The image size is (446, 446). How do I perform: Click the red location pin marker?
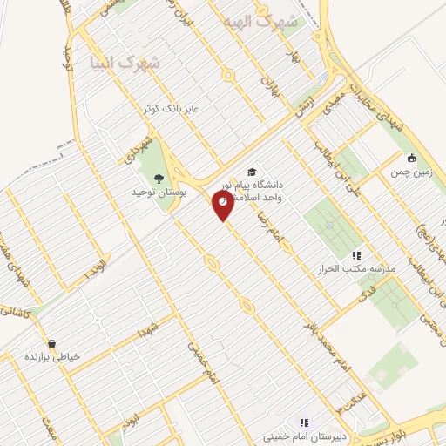(224, 205)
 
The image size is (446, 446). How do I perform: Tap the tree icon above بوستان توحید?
(158, 178)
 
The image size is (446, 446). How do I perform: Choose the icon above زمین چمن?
(411, 159)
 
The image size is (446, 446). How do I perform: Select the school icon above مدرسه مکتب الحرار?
(355, 255)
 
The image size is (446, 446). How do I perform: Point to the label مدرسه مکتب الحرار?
(355, 269)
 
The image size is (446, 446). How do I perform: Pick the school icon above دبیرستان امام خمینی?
(304, 422)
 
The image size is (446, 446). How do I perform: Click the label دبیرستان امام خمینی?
(302, 435)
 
